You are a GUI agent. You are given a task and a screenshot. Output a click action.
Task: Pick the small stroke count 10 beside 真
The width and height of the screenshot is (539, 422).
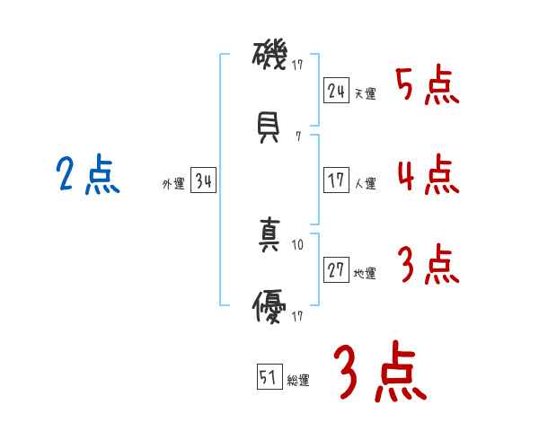pos(298,243)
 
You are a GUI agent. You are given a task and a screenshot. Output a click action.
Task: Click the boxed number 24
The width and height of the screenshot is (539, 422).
pos(336,90)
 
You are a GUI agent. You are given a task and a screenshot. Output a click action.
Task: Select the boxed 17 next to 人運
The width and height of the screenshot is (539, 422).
pos(336,180)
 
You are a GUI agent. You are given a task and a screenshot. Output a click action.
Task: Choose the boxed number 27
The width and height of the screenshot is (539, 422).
pos(336,270)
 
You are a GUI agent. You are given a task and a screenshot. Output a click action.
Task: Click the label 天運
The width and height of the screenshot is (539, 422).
pos(365,93)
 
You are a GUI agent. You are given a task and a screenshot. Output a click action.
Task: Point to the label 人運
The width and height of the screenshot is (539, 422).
pos(365,184)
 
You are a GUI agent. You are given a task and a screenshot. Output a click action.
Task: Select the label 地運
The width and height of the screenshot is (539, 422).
pos(365,274)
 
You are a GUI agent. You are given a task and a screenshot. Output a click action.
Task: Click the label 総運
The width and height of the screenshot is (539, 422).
pos(298,381)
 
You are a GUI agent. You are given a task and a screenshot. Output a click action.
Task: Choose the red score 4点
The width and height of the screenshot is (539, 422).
pos(428,175)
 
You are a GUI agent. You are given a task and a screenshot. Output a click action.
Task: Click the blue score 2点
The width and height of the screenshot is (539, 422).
pos(88,174)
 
